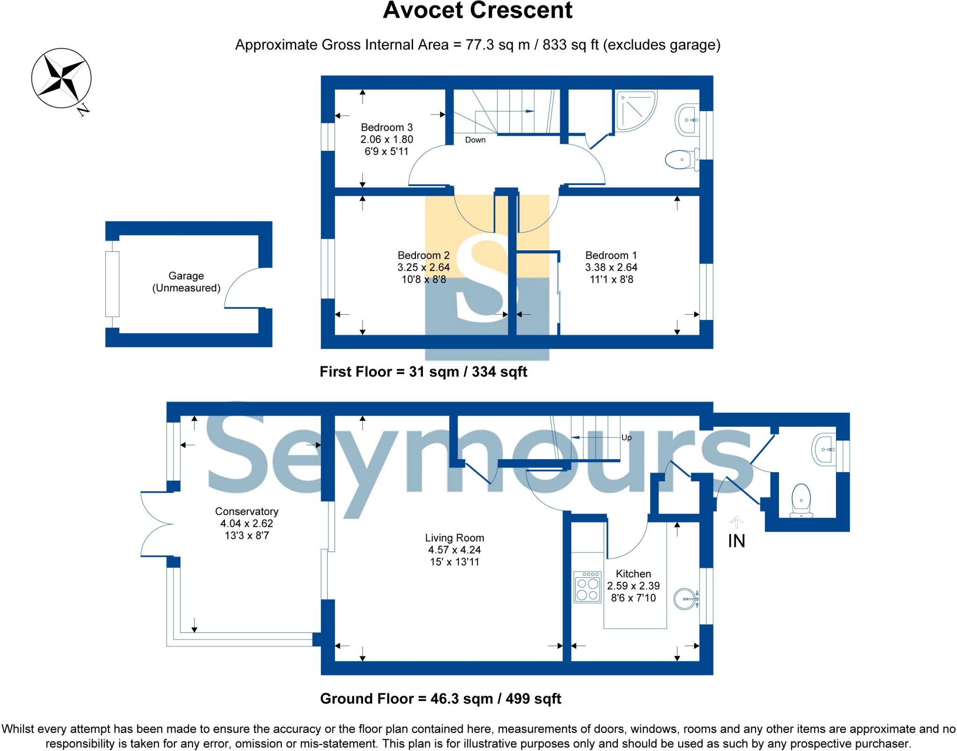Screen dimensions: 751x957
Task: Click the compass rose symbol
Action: pyautogui.click(x=61, y=78)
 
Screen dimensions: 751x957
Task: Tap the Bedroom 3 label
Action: pyautogui.click(x=386, y=128)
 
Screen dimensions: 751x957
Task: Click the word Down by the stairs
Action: pyautogui.click(x=475, y=140)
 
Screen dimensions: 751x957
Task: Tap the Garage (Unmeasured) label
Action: pyautogui.click(x=186, y=282)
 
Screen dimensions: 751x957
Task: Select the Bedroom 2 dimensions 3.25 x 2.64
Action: pyautogui.click(x=423, y=268)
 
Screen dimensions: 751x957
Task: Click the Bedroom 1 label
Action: pyautogui.click(x=611, y=255)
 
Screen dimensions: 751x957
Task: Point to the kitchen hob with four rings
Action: pyautogui.click(x=587, y=588)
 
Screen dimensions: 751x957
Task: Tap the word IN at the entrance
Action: pyautogui.click(x=736, y=541)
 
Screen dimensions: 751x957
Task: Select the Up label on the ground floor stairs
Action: pyautogui.click(x=626, y=438)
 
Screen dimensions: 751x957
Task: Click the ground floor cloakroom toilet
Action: pyautogui.click(x=801, y=502)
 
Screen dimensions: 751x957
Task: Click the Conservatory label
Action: pyautogui.click(x=246, y=511)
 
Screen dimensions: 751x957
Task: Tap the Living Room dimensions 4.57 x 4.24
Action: pyautogui.click(x=454, y=550)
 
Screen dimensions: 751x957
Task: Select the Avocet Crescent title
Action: pyautogui.click(x=478, y=11)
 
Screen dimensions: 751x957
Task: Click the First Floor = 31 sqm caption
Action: pyautogui.click(x=423, y=372)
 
